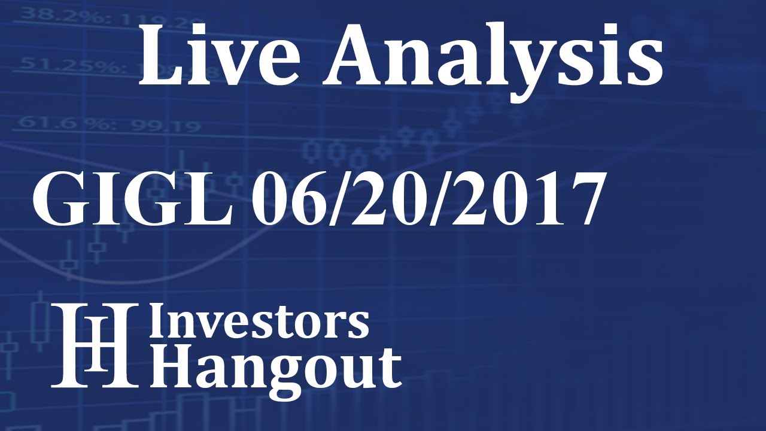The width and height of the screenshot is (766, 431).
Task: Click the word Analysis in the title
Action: [x=492, y=55]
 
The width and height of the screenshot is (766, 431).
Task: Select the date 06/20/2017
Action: [x=425, y=200]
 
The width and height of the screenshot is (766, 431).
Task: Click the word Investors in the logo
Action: [x=259, y=323]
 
